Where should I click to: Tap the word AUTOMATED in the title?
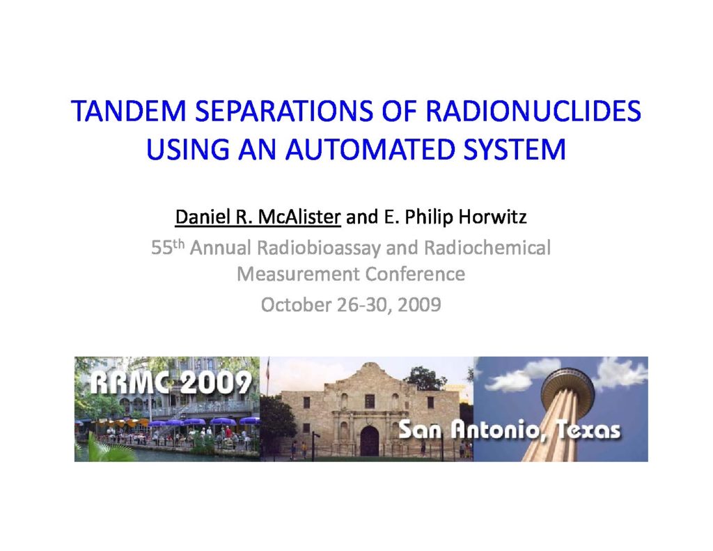[x=370, y=149]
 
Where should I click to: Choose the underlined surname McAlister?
[x=299, y=217]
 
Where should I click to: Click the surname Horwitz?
[x=492, y=217]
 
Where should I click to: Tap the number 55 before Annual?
[x=162, y=249]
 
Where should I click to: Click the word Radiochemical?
[x=487, y=248]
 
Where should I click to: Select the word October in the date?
[x=295, y=304]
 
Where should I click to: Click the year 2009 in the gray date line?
[x=419, y=304]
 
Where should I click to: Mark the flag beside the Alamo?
[x=268, y=369]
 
